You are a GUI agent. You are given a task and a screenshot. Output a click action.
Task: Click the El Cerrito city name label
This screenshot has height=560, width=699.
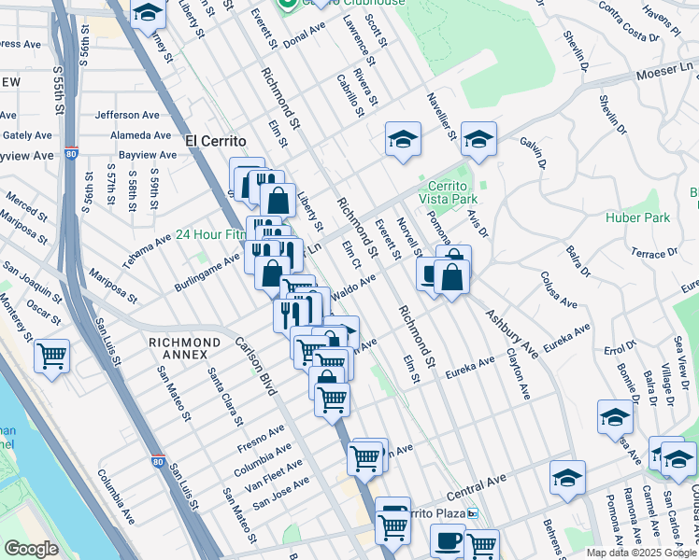[x=215, y=141]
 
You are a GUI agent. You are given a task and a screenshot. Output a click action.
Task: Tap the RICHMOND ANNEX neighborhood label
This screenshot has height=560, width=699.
[x=185, y=343]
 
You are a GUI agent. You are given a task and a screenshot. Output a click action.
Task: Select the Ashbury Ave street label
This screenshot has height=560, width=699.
[x=511, y=334]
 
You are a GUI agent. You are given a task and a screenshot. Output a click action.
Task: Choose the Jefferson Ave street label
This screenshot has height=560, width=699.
[x=129, y=116]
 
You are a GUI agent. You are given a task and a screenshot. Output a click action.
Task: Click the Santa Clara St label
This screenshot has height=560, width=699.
[x=226, y=391]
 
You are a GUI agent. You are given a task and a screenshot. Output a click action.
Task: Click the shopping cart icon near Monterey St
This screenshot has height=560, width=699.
[x=52, y=355]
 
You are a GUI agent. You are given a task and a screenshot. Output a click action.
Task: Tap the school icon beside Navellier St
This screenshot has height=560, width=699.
[x=402, y=140]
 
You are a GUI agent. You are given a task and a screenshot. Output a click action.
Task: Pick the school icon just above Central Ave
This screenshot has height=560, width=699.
[x=566, y=477]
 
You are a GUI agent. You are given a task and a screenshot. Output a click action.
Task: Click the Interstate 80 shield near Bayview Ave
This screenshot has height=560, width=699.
[x=71, y=154]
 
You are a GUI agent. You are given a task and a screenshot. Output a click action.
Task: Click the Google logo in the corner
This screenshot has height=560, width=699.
[x=31, y=549]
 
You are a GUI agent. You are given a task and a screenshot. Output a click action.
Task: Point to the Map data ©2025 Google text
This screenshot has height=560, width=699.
[x=641, y=553]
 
